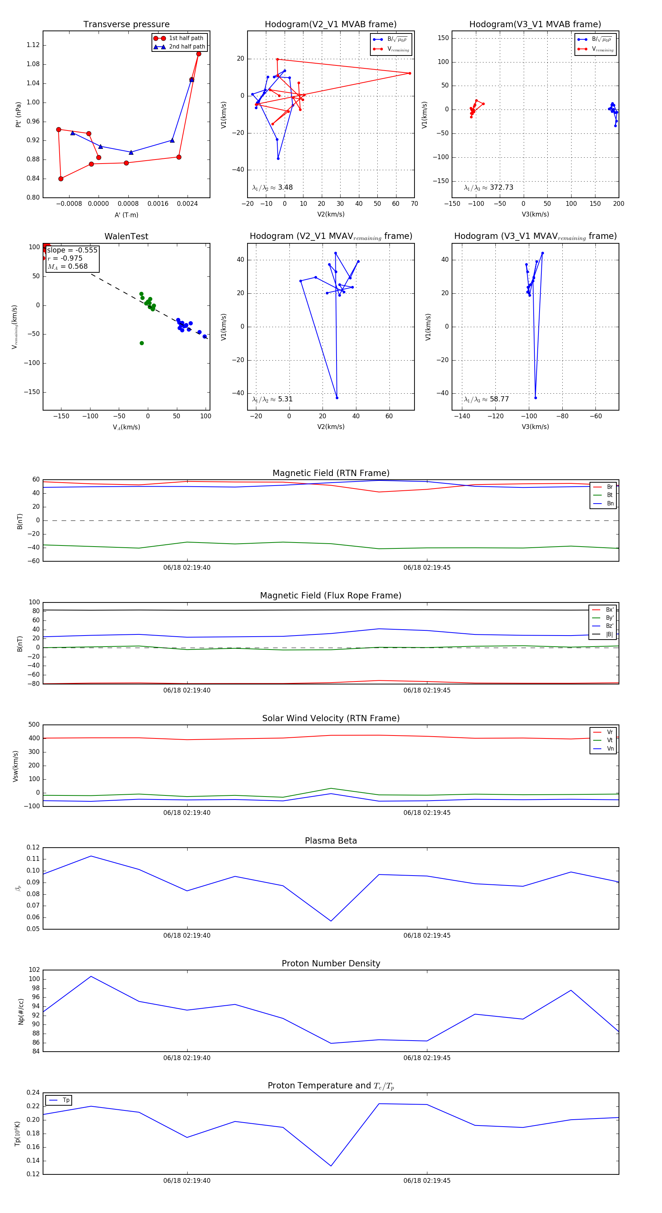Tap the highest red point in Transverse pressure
pyautogui.click(x=198, y=54)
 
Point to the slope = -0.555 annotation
pyautogui.click(x=72, y=250)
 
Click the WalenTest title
pyautogui.click(x=126, y=236)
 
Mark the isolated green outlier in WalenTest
pyautogui.click(x=141, y=343)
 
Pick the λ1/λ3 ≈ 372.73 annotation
pyautogui.click(x=489, y=187)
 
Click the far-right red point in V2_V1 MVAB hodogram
pyautogui.click(x=409, y=73)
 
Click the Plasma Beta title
pyautogui.click(x=331, y=841)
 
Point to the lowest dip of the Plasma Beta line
pyautogui.click(x=331, y=921)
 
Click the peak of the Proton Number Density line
pyautogui.click(x=91, y=976)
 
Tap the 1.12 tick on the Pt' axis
pyautogui.click(x=33, y=45)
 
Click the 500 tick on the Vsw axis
pyautogui.click(x=34, y=725)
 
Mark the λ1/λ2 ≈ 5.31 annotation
pyautogui.click(x=272, y=399)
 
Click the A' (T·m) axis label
pyautogui.click(x=126, y=215)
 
